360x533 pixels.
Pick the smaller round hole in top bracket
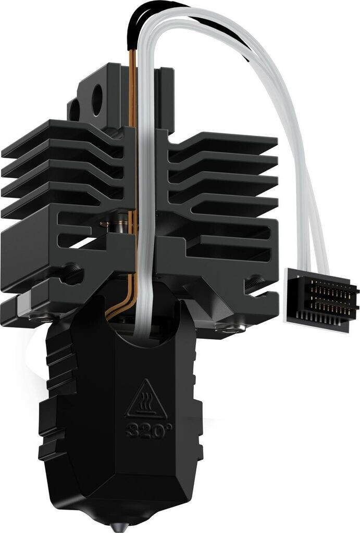click(x=75, y=110)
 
